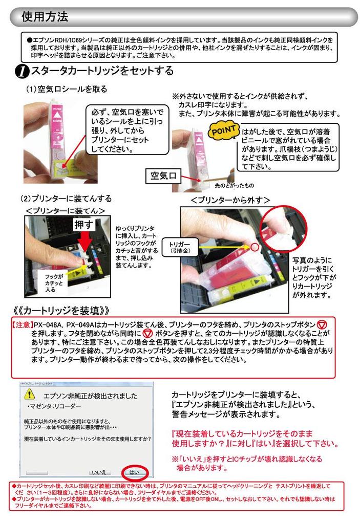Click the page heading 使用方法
pos(45,17)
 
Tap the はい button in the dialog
pos(134,473)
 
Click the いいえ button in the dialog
pos(98,473)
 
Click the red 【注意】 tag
pos(20,325)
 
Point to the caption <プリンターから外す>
pos(230,200)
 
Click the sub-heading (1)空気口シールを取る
pos(67,89)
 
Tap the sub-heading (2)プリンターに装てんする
pos(66,198)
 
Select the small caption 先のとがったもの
pos(233,185)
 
